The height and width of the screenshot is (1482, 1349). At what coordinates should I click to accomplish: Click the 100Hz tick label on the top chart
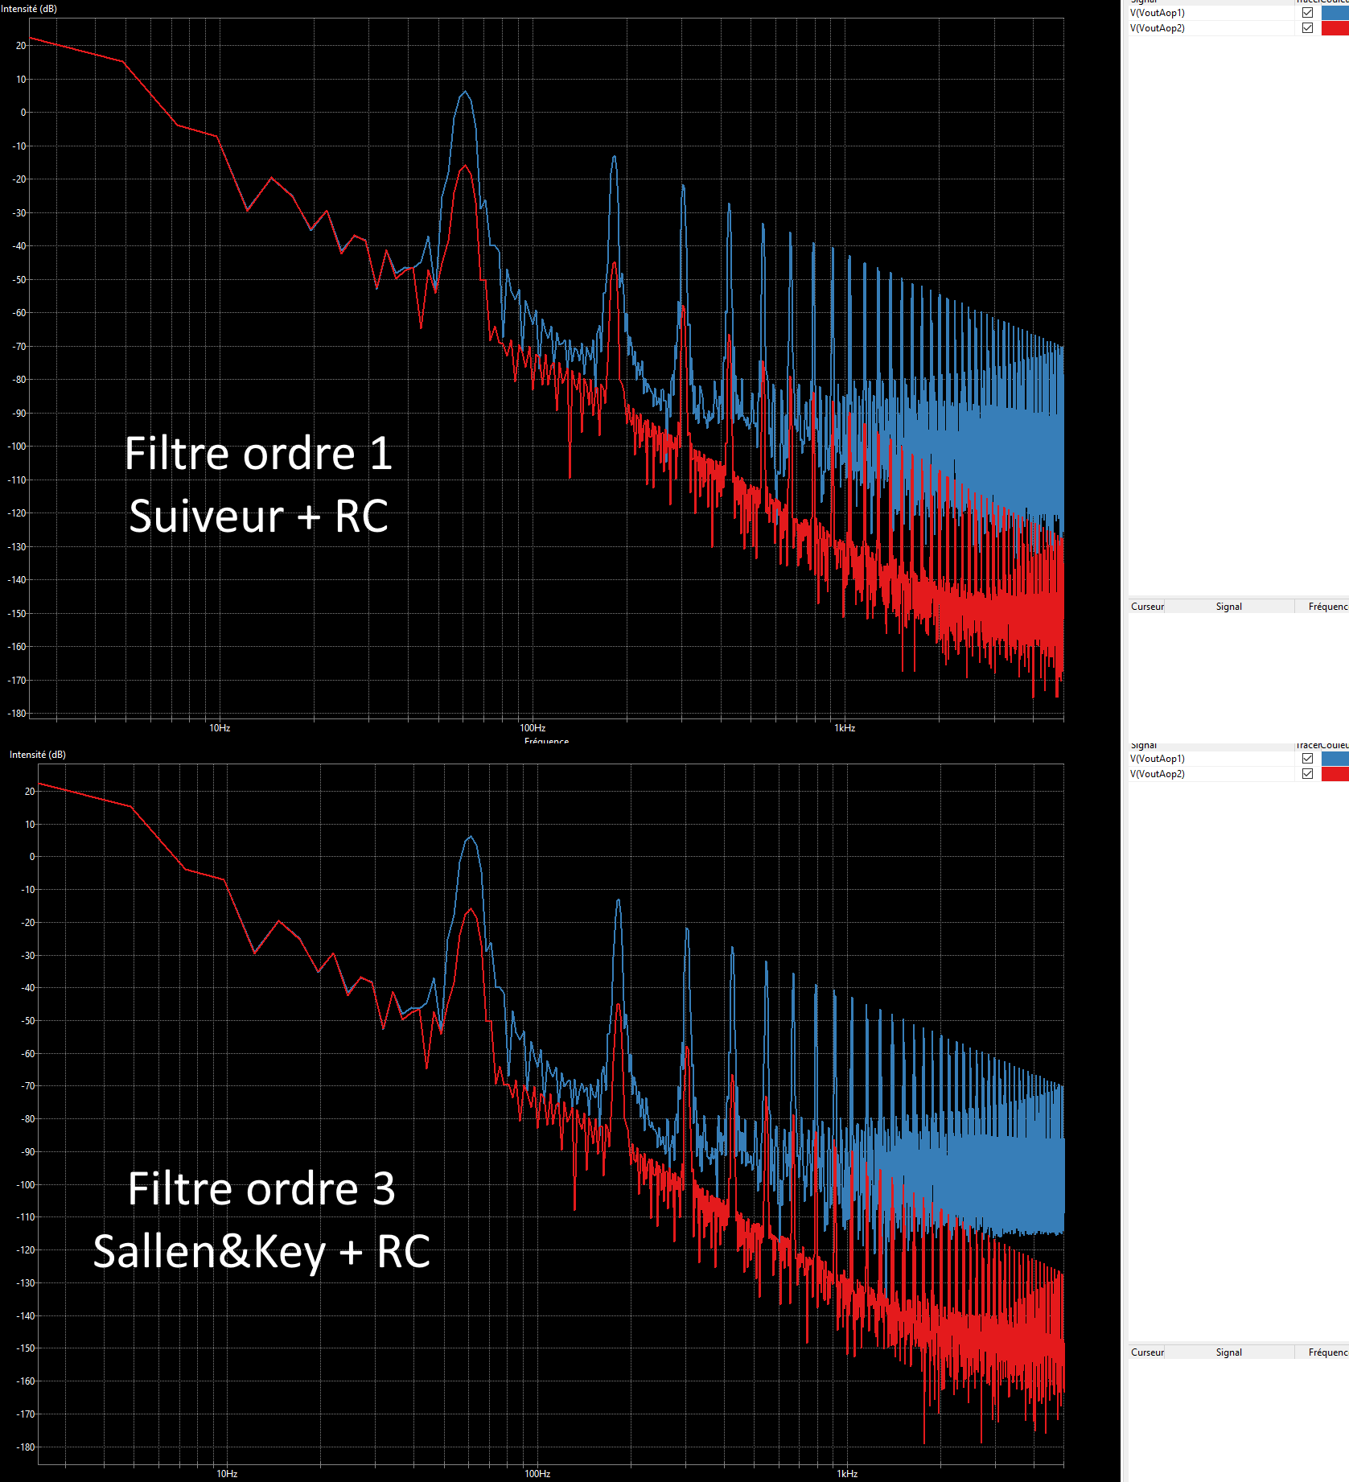point(533,728)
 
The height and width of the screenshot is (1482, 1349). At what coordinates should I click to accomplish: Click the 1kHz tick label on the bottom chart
point(847,1474)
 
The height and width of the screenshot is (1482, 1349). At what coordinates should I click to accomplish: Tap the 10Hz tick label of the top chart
point(220,728)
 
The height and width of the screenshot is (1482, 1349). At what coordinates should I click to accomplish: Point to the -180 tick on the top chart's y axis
point(17,714)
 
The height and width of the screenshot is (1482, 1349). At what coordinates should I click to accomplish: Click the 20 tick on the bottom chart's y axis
point(30,792)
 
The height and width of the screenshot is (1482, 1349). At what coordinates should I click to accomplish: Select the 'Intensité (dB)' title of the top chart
point(29,9)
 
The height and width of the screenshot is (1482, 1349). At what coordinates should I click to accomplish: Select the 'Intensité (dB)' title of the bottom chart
point(38,755)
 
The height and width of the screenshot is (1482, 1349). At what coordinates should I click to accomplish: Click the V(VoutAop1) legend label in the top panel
point(1157,13)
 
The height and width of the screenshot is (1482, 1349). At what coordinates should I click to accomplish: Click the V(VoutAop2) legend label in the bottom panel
point(1157,774)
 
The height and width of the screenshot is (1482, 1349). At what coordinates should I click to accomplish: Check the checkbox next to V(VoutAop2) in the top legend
point(1307,28)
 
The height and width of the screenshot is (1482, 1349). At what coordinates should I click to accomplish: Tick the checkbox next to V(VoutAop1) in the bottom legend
point(1307,759)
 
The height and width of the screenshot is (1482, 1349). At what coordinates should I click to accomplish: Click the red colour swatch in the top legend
point(1335,28)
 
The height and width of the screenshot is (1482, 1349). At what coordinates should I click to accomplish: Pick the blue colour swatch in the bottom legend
point(1335,759)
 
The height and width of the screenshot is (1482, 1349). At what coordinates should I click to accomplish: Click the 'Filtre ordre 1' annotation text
point(258,454)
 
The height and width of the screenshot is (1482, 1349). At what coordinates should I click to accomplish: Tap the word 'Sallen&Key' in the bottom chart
point(209,1252)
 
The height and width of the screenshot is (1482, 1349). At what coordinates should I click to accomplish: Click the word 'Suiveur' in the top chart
point(206,517)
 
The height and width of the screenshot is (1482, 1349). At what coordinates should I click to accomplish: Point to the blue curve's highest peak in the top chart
point(465,92)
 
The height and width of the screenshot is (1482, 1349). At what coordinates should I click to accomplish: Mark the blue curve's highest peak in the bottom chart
point(471,838)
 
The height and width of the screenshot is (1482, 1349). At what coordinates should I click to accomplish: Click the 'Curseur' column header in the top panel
point(1147,607)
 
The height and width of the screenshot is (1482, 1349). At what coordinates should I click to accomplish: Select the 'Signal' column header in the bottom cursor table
point(1228,1352)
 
